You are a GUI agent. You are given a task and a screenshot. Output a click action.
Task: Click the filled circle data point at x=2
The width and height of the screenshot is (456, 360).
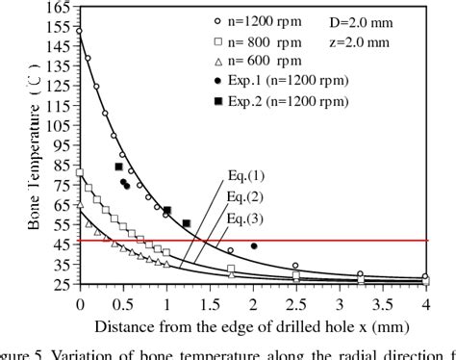254,245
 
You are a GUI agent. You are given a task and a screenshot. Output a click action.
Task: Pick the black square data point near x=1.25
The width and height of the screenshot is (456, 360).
187,223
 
